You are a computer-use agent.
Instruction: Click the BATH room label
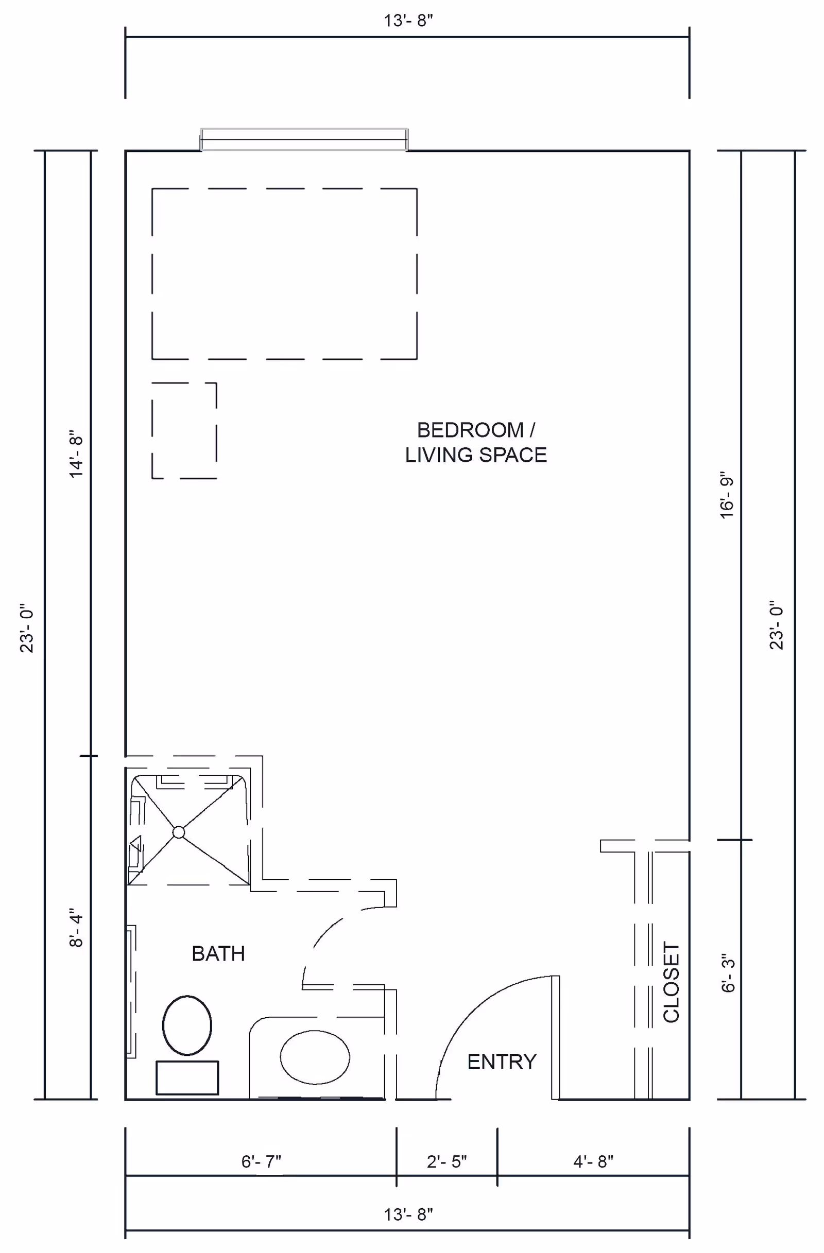(x=218, y=953)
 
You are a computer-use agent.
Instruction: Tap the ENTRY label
(x=502, y=1062)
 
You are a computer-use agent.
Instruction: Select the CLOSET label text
(x=672, y=982)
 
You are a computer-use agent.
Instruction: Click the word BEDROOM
(x=470, y=430)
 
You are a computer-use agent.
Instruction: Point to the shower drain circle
(x=179, y=832)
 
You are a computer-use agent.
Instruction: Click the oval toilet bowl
(x=187, y=1025)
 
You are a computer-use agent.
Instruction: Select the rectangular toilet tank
(x=187, y=1077)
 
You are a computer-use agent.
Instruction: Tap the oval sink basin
(x=315, y=1057)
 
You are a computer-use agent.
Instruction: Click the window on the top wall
(x=304, y=140)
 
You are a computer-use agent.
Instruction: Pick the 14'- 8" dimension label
(x=76, y=454)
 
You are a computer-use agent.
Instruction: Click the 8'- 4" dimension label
(x=76, y=928)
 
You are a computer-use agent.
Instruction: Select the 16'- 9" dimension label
(x=727, y=495)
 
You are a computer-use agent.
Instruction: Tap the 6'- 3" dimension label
(x=728, y=973)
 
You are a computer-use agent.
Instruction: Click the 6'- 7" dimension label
(x=261, y=1161)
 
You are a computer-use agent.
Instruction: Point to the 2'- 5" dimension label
(x=447, y=1161)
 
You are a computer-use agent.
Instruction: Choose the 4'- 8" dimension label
(x=593, y=1161)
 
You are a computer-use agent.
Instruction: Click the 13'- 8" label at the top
(x=408, y=21)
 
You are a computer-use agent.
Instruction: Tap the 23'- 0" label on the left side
(x=26, y=628)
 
